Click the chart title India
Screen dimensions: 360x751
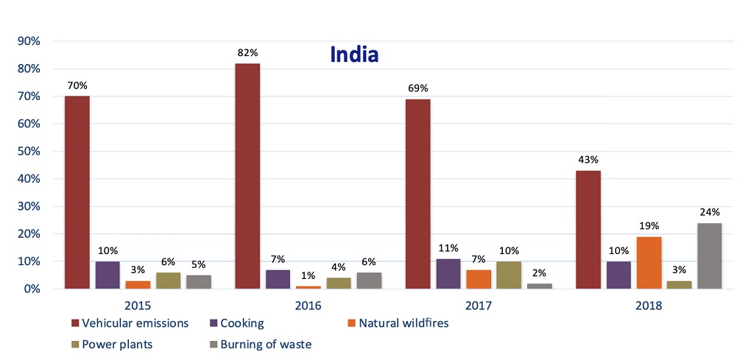[x=353, y=54]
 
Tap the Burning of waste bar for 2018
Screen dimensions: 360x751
[x=709, y=255]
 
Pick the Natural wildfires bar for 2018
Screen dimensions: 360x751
[x=648, y=262]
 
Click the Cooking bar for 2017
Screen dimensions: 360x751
[x=448, y=273]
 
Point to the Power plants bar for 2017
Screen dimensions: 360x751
[x=510, y=275]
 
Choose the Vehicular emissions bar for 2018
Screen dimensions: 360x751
[x=588, y=230]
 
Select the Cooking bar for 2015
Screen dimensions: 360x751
[x=107, y=275]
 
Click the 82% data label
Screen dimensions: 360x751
[x=247, y=53]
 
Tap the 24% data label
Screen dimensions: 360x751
[x=710, y=212]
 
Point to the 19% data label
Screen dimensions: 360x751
[x=648, y=226]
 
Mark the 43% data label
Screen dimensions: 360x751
[x=588, y=160]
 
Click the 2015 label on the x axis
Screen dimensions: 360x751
[x=138, y=303]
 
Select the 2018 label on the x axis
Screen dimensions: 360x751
[x=648, y=303]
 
